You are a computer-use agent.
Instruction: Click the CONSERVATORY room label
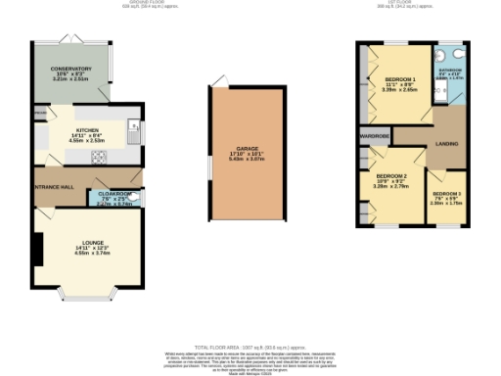72,70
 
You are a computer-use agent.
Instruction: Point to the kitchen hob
98,157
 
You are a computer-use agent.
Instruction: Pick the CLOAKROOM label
115,195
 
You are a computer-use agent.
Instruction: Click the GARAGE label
247,149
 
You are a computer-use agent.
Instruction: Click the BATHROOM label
450,70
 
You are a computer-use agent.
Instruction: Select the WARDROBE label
376,136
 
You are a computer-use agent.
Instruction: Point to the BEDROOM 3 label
447,194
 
